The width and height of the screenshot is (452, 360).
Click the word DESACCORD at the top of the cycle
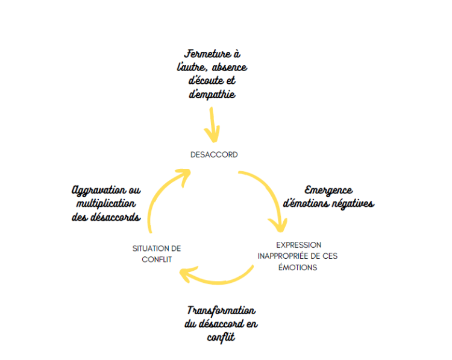[x=214, y=155]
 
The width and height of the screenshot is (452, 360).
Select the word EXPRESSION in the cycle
[x=299, y=245]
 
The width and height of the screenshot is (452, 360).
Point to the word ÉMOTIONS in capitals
[x=298, y=267]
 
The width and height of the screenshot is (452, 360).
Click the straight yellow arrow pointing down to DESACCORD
[x=213, y=125]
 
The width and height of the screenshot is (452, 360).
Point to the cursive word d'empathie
[x=212, y=94]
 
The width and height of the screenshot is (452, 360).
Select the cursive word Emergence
[x=328, y=191]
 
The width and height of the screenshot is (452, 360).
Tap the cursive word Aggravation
[x=99, y=191]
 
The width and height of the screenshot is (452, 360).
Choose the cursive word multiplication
[x=106, y=203]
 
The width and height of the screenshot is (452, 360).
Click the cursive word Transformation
[x=221, y=311]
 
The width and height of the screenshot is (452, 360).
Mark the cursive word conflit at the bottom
[x=221, y=337]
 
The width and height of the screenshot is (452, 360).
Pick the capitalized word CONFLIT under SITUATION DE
[x=157, y=260]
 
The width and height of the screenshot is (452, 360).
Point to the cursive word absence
[x=230, y=67]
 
